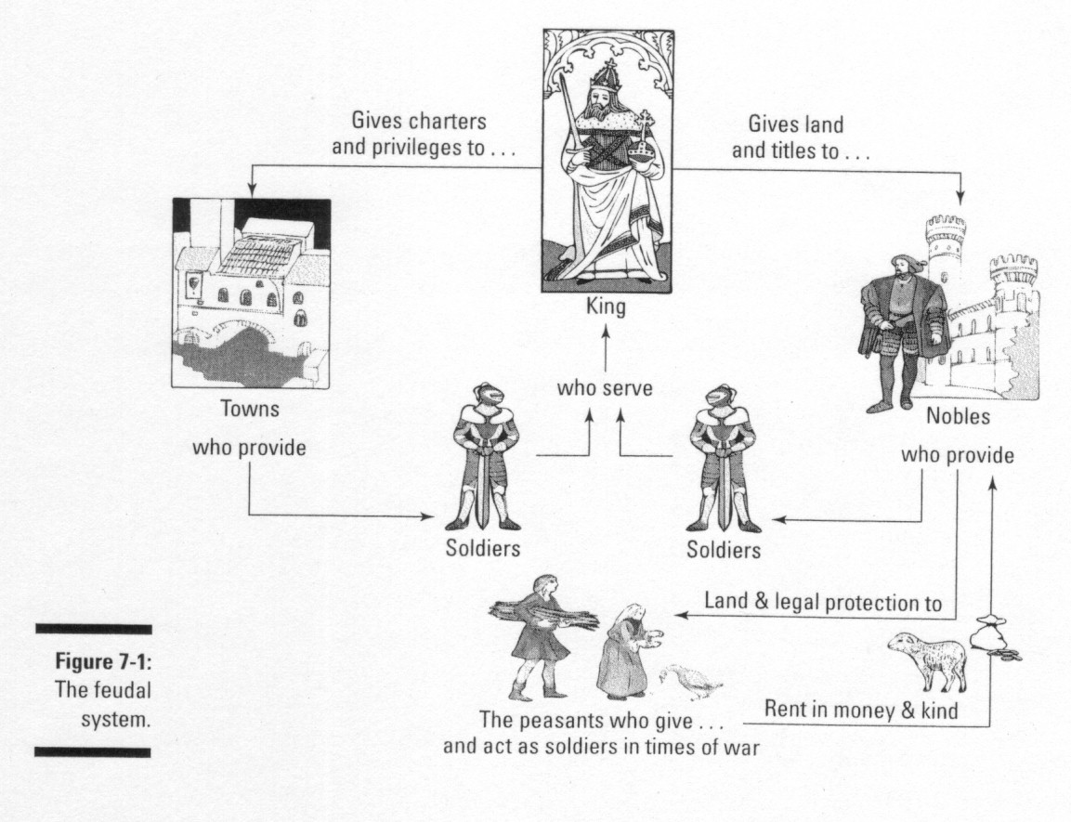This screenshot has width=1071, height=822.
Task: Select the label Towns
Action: [250, 409]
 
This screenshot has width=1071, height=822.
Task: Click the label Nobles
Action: [958, 416]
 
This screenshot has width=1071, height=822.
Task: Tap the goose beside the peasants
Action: [690, 683]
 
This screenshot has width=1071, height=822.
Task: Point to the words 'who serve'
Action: [605, 388]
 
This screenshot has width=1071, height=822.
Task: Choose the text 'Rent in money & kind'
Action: [860, 708]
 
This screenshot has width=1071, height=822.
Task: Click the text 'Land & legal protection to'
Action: [823, 602]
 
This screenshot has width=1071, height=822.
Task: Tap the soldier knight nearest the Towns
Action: [483, 455]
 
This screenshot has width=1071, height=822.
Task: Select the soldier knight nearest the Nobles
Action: [722, 455]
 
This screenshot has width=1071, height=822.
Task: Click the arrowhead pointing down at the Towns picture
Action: [250, 192]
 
